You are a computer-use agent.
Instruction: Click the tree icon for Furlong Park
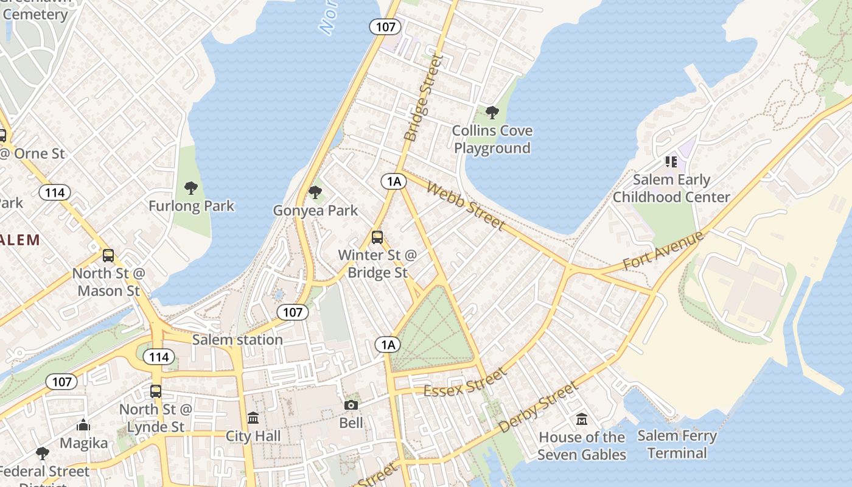(x=191, y=187)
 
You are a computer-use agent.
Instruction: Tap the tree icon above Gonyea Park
(x=315, y=192)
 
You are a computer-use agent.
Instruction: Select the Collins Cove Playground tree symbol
(x=492, y=113)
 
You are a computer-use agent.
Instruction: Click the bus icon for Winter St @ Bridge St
(x=377, y=237)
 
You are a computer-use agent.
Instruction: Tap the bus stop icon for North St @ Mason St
(x=108, y=256)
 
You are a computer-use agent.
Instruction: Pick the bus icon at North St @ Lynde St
(x=156, y=391)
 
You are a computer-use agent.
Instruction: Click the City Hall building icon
(x=253, y=418)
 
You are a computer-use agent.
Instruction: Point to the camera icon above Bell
(x=351, y=405)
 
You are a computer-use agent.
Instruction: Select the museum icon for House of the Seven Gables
(x=582, y=419)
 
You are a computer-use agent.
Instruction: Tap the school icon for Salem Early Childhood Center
(x=671, y=162)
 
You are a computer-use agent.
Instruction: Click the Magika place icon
(x=83, y=426)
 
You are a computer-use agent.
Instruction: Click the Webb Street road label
(x=466, y=206)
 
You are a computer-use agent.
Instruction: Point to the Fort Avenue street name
(x=663, y=251)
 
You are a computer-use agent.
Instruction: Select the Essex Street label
(x=465, y=382)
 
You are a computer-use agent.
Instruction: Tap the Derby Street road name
(x=537, y=407)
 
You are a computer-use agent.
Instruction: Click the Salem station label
(x=237, y=340)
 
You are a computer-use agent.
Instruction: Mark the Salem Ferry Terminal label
(x=677, y=444)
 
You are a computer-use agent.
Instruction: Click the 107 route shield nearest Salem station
(x=293, y=312)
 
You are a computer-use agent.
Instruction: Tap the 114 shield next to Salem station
(x=159, y=357)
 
